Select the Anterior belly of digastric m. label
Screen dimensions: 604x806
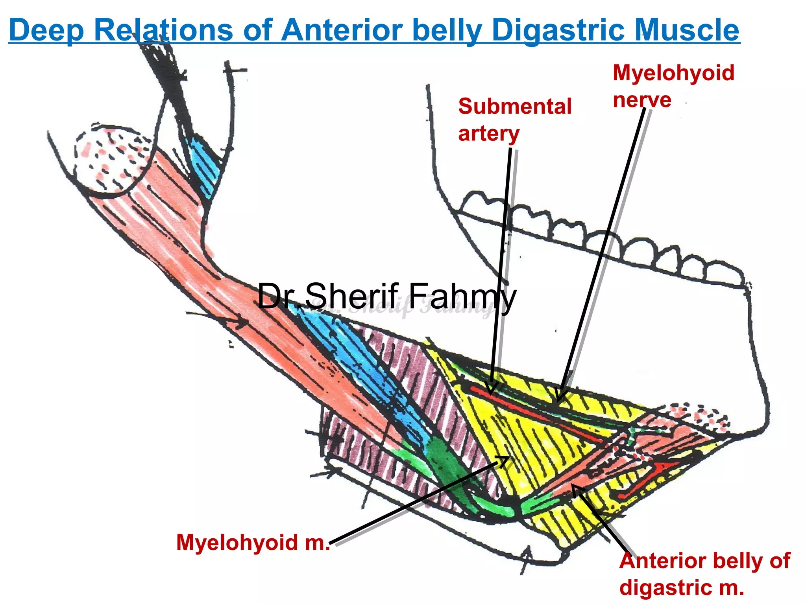(x=704, y=574)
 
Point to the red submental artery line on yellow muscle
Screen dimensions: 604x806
(x=531, y=409)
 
